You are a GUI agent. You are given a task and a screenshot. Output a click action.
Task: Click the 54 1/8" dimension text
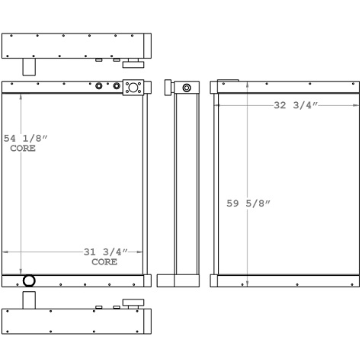(x=26, y=138)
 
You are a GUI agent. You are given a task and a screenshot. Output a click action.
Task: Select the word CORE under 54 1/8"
(x=22, y=148)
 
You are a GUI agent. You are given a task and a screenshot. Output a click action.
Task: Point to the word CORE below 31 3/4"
(x=104, y=261)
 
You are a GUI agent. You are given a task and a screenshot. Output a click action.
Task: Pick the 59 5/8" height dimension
(x=249, y=203)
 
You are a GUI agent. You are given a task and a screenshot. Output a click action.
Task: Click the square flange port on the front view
(x=133, y=87)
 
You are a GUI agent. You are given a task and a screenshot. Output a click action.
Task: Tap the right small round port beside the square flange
(x=117, y=86)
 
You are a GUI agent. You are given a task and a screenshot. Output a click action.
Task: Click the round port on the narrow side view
(x=186, y=88)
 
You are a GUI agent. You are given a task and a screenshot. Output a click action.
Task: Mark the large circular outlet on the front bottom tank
(x=29, y=280)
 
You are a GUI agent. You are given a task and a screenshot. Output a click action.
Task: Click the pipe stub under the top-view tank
(x=28, y=66)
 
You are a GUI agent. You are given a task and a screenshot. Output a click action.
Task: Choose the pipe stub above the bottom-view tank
(x=28, y=300)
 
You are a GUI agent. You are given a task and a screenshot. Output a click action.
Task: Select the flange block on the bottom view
(x=134, y=303)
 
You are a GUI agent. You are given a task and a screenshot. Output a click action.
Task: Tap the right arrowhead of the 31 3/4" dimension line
(x=141, y=251)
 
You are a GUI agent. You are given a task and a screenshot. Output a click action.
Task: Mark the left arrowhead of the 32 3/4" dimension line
(x=217, y=104)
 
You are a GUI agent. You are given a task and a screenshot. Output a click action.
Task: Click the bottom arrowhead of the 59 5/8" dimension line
(x=247, y=283)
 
